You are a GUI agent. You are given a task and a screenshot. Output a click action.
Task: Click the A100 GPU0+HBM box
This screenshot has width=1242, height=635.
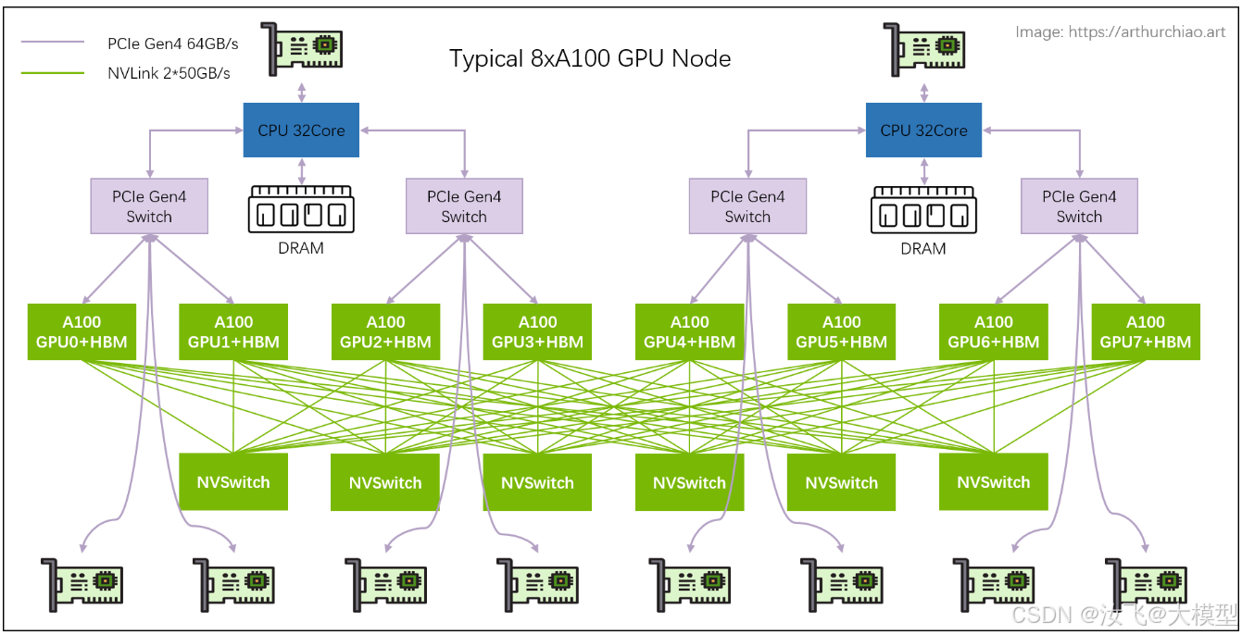click(x=82, y=331)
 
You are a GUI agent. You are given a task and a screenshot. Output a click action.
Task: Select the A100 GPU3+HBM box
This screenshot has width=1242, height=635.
click(x=537, y=331)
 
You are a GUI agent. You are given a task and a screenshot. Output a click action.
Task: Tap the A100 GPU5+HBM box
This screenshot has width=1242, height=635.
click(x=841, y=331)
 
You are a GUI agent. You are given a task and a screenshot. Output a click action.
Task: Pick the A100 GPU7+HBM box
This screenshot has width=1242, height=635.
click(x=1145, y=331)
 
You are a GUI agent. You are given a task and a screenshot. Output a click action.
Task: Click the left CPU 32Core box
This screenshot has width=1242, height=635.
click(x=301, y=131)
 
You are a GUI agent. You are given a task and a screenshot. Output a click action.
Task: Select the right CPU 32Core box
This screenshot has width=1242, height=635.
click(x=923, y=131)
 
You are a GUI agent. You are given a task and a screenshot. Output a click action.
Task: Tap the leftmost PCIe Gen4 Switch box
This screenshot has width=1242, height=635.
click(x=149, y=206)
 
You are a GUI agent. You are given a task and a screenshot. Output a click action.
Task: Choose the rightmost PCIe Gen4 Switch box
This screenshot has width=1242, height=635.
click(x=1079, y=206)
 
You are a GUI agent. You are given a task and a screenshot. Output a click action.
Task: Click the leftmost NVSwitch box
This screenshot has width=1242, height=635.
click(x=233, y=482)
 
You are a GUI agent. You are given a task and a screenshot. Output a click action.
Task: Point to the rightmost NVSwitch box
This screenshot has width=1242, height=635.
click(x=993, y=482)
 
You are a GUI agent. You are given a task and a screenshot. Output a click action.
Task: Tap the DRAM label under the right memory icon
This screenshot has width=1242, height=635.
click(x=923, y=248)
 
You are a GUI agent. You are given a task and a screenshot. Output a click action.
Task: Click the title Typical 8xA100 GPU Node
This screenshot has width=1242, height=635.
click(x=590, y=58)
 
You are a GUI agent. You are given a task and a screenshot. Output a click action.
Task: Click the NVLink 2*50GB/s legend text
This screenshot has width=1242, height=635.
click(x=169, y=72)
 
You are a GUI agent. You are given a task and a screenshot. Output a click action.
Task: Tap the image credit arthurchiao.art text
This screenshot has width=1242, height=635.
click(x=1120, y=32)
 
